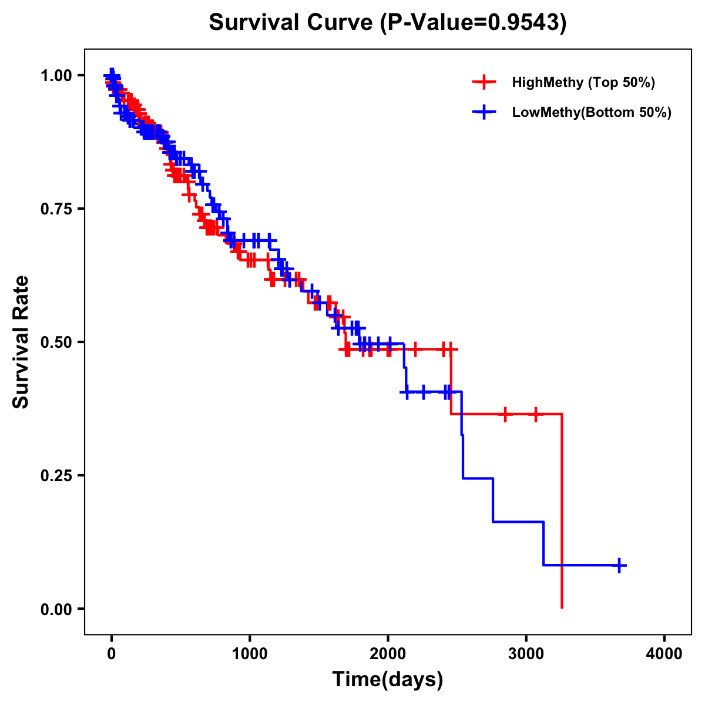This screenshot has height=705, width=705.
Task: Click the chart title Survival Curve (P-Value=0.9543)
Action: pos(388,23)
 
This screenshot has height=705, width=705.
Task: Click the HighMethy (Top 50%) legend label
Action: pos(583,82)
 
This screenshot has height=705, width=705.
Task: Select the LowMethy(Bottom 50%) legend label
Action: pos(592,112)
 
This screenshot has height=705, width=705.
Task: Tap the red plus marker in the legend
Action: pos(484,82)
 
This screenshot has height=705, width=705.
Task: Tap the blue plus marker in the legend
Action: pos(484,112)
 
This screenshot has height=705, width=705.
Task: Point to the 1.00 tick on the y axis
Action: pos(56,75)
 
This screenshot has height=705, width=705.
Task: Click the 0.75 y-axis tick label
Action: pos(56,209)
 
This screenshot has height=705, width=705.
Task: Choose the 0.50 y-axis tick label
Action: pos(56,342)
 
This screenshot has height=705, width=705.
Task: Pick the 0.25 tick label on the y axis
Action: pos(56,475)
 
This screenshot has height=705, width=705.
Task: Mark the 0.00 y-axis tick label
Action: pos(56,609)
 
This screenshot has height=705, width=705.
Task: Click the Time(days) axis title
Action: pos(388,680)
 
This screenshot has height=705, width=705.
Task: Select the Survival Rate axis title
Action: pos(22,342)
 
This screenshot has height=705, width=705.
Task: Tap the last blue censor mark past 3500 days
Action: pos(619,565)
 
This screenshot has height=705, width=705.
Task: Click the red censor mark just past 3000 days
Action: pos(535,414)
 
